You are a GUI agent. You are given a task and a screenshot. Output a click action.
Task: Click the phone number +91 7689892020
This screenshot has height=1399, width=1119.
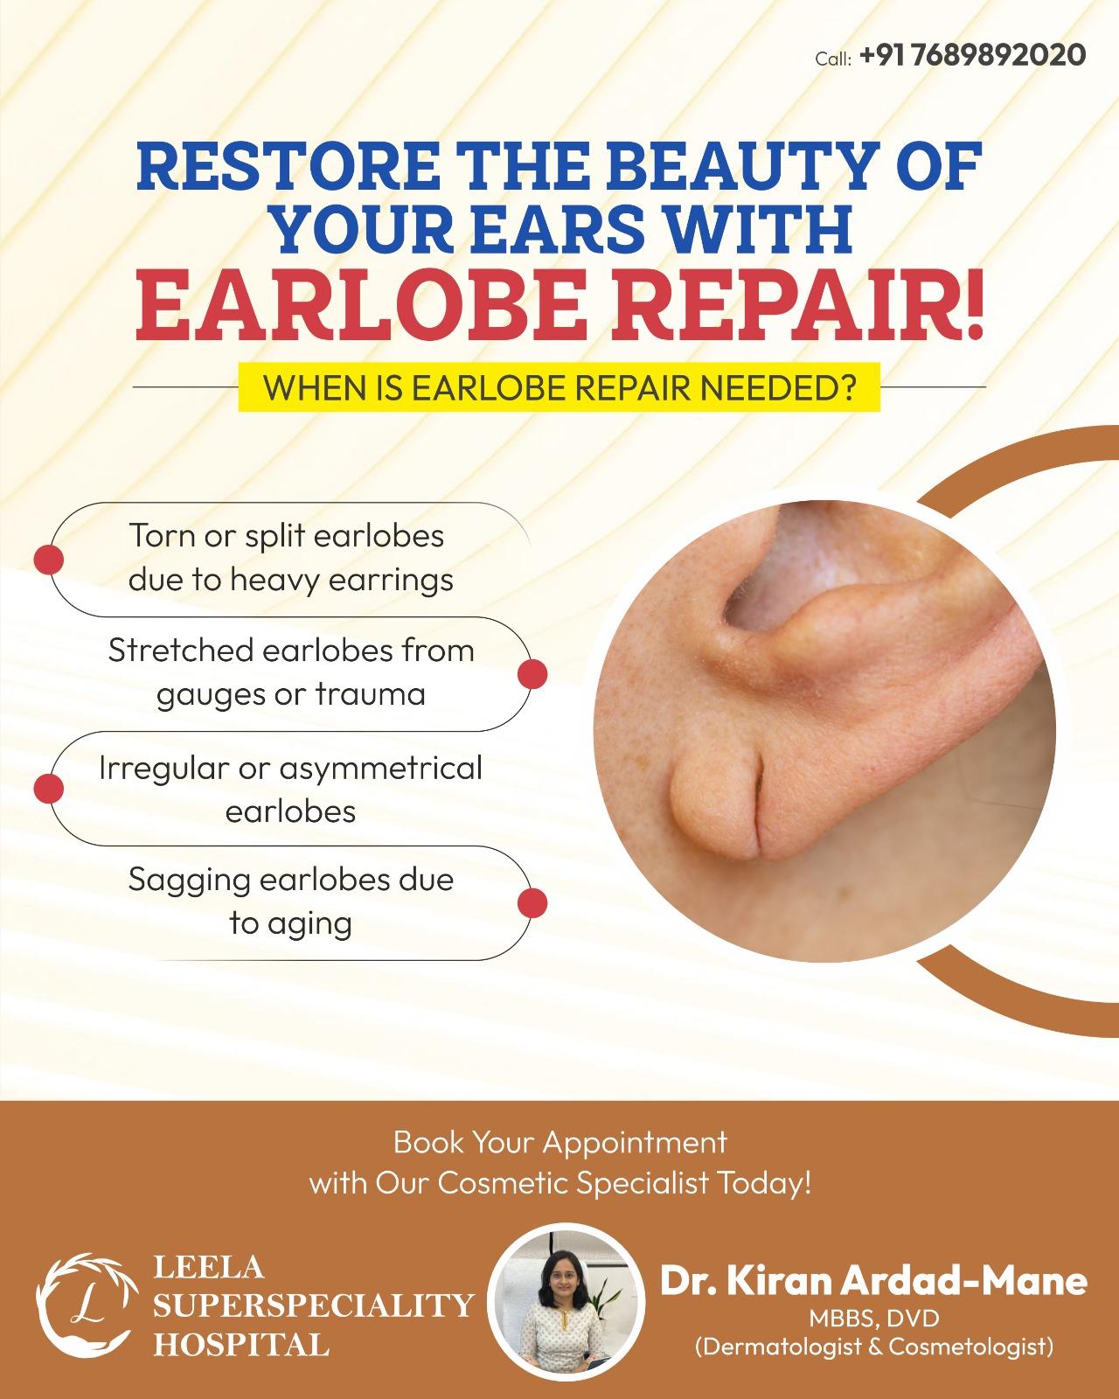(x=972, y=55)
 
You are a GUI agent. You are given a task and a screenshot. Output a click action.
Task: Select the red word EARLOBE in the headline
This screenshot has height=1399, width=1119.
(x=357, y=305)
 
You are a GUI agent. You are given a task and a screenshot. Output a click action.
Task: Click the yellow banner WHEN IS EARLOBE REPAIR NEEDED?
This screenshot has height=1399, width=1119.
(x=559, y=387)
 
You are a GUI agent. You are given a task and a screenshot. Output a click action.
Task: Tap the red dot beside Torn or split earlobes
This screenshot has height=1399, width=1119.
(x=48, y=560)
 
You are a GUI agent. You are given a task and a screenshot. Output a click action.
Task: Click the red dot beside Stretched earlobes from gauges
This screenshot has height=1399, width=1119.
(x=532, y=674)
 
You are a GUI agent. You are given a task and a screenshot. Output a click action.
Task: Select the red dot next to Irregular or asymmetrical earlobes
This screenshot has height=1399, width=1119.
(x=48, y=788)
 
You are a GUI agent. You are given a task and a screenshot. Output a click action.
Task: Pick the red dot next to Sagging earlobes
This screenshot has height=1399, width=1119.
(x=532, y=903)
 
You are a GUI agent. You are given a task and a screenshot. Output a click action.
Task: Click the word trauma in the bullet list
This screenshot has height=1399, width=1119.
(x=371, y=693)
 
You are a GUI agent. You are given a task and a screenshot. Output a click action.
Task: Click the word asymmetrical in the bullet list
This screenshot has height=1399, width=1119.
(x=381, y=769)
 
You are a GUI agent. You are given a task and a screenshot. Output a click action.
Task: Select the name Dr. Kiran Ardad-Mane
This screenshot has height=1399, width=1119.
(x=873, y=1281)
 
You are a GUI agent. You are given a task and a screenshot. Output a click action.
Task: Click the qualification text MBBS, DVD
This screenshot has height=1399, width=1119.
(x=874, y=1319)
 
